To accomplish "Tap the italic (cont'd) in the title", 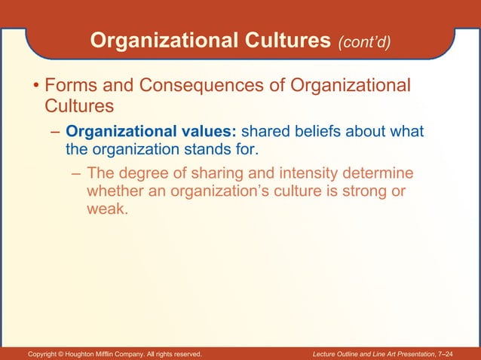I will point(365,42).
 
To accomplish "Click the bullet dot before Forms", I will point(35,88).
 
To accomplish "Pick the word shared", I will point(265,133).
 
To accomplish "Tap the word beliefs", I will point(320,133).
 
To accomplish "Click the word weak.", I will point(106,209).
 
